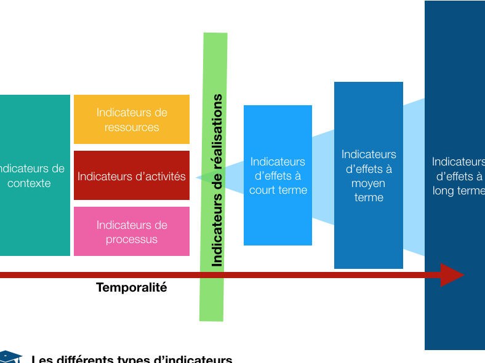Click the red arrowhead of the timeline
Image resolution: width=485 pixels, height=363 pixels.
point(452,275)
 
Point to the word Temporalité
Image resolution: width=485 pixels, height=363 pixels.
point(132,287)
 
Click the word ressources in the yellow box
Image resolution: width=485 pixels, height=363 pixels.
point(132,127)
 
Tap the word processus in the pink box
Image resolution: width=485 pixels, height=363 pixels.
point(132,239)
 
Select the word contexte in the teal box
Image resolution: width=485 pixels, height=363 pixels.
point(29,183)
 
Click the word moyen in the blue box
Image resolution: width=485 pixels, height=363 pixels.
point(368,183)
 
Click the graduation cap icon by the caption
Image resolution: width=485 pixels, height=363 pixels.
point(9,357)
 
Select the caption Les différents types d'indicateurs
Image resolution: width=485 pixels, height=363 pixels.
point(132,359)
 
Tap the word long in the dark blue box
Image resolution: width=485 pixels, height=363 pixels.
point(444,191)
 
